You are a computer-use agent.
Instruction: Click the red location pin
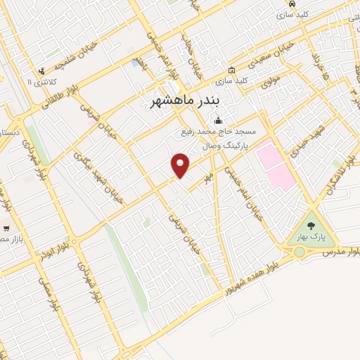point(181,165)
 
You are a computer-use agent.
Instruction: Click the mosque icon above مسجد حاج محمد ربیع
point(219,120)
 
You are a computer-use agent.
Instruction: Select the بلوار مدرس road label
point(339,250)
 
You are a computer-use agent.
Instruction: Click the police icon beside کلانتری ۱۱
point(42,71)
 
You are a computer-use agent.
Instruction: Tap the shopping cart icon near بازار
point(6,229)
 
